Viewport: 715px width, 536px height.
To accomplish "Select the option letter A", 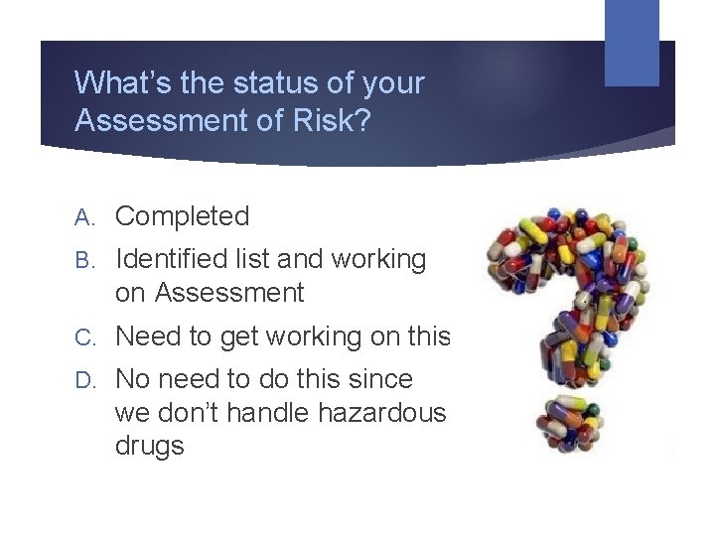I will click(x=84, y=216).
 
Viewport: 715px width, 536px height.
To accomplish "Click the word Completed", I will click(x=183, y=216).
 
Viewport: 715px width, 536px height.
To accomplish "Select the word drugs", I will click(x=150, y=446).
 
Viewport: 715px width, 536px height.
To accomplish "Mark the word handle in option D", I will click(x=261, y=412).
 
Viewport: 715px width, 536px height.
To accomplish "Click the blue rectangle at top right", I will click(x=632, y=42).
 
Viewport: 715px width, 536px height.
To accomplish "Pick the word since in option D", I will click(x=379, y=379).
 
